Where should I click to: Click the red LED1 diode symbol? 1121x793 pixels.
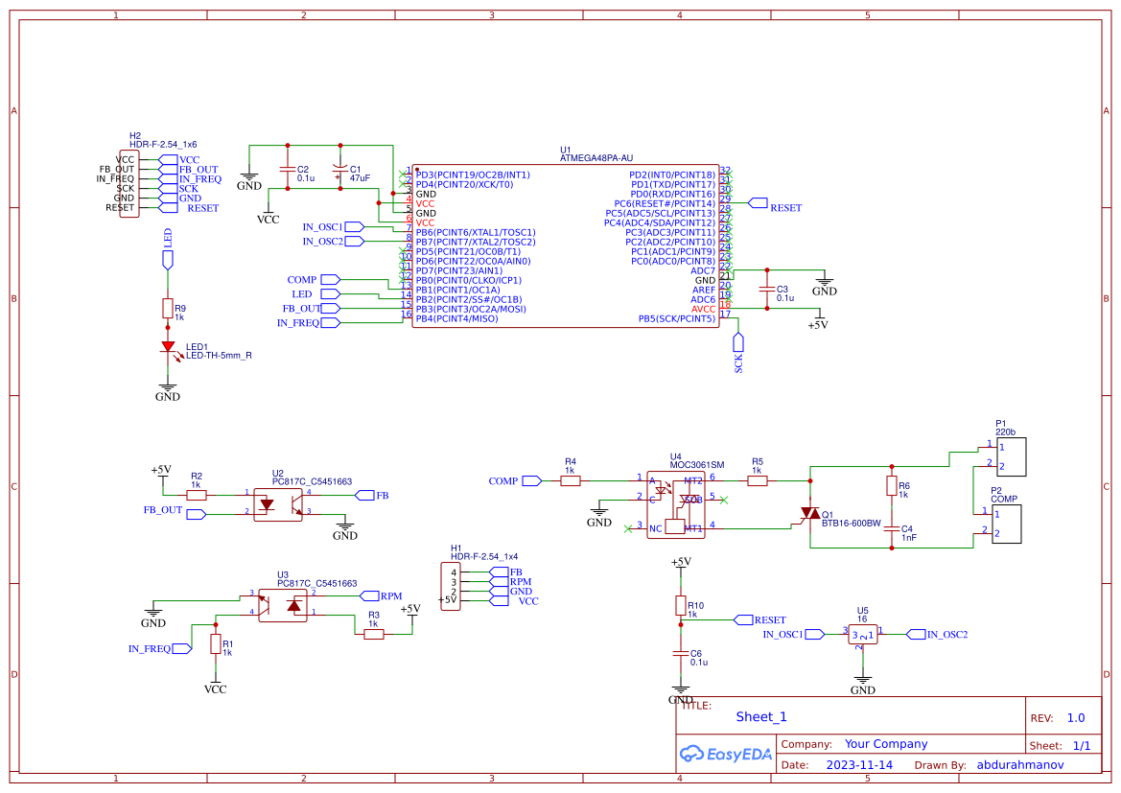pyautogui.click(x=168, y=347)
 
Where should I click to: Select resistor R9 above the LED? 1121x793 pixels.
pyautogui.click(x=168, y=308)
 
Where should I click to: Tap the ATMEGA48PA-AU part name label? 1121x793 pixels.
pyautogui.click(x=596, y=158)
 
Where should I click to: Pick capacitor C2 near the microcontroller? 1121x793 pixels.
pyautogui.click(x=286, y=170)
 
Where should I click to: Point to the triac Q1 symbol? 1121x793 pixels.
pyautogui.click(x=810, y=514)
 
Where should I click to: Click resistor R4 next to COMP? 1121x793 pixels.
pyautogui.click(x=571, y=480)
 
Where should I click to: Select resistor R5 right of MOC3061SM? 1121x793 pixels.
pyautogui.click(x=758, y=480)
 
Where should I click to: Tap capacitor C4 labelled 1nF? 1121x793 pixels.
pyautogui.click(x=891, y=528)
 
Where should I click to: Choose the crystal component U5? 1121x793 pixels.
pyautogui.click(x=863, y=635)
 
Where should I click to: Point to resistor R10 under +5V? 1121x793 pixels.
pyautogui.click(x=681, y=605)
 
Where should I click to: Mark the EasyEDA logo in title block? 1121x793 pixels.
pyautogui.click(x=725, y=754)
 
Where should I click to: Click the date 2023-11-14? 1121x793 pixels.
pyautogui.click(x=859, y=765)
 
